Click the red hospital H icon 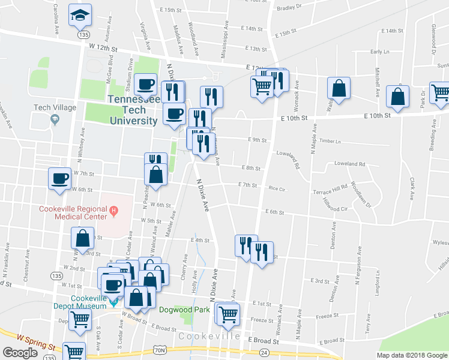coord(113,211)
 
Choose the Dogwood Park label coord(184,310)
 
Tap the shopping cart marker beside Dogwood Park coord(228,313)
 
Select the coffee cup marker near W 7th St coord(60,178)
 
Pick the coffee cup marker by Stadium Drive coord(146,85)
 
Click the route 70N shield coord(159,349)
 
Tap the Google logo coord(20,353)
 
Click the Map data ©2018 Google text coord(412,355)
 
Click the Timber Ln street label coord(330,142)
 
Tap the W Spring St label coord(37,342)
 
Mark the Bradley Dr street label coord(289,8)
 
